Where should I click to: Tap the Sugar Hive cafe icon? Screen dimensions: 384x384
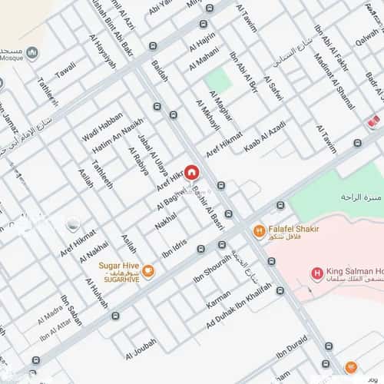[x=148, y=270]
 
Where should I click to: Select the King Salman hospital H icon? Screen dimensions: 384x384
[x=316, y=273]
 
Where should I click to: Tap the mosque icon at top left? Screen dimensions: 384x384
[x=32, y=52]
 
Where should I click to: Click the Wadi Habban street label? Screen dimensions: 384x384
[x=102, y=127]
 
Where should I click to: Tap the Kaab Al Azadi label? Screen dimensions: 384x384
[x=265, y=135]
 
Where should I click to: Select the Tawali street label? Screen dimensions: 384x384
[x=65, y=70]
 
